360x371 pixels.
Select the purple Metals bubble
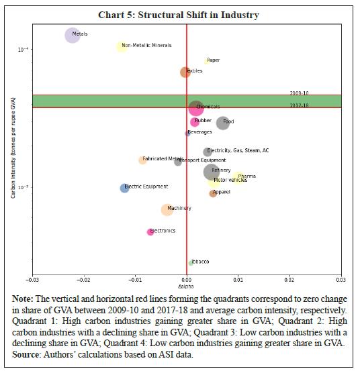tap(73, 35)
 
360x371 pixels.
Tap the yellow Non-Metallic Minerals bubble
tap(122, 46)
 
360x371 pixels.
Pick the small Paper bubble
tap(206, 61)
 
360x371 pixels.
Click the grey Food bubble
tap(223, 122)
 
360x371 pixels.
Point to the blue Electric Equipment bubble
tap(124, 188)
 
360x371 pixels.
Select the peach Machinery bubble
tap(167, 209)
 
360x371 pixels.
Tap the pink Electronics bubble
tap(150, 232)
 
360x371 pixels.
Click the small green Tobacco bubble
tap(191, 263)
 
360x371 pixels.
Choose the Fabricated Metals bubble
tap(142, 160)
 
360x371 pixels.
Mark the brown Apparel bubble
tap(213, 193)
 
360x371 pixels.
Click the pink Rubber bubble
tap(195, 122)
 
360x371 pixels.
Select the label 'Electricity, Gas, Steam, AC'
tap(238, 151)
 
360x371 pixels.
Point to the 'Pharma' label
tap(246, 176)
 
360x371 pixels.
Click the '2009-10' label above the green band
tap(300, 93)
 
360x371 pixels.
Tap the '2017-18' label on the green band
tap(300, 105)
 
